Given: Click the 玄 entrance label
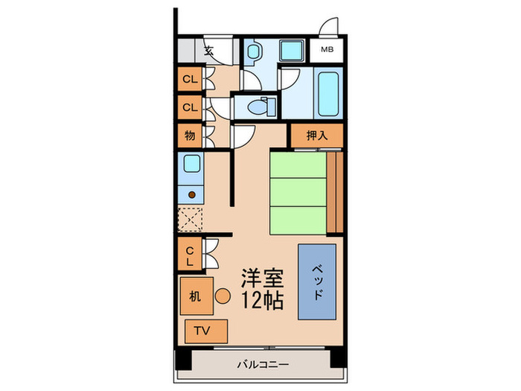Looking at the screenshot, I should tap(209, 51).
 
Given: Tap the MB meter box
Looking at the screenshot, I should tap(327, 51).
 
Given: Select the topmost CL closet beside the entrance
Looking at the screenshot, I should tap(190, 78).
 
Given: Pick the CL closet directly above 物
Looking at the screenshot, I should tap(190, 107).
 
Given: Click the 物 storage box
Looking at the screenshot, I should tap(190, 136).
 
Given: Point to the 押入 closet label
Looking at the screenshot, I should tap(316, 136).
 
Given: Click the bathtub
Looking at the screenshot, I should tap(327, 91).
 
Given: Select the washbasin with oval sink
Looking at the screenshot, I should tap(255, 51).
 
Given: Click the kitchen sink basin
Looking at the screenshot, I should tap(191, 163).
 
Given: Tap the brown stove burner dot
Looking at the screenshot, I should tap(191, 195).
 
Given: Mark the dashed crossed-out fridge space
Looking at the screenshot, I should tap(191, 220).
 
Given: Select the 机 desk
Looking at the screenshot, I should tap(195, 296).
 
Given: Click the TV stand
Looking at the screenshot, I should tap(202, 331).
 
